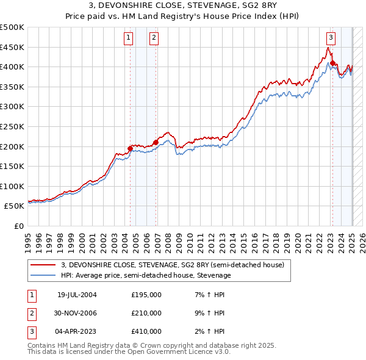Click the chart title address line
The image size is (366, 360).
click(x=182, y=5)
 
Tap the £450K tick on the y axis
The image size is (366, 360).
click(x=12, y=47)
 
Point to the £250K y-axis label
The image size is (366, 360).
click(x=12, y=126)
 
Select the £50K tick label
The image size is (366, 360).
click(x=15, y=206)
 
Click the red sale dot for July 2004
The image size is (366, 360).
click(x=131, y=148)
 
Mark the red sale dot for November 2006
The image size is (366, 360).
click(x=156, y=142)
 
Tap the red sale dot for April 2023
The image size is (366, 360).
click(x=332, y=62)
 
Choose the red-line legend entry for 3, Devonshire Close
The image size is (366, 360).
click(x=172, y=265)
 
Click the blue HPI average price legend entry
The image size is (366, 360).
click(x=145, y=275)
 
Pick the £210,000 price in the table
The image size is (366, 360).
click(x=146, y=313)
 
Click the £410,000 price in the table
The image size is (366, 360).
click(x=146, y=331)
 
